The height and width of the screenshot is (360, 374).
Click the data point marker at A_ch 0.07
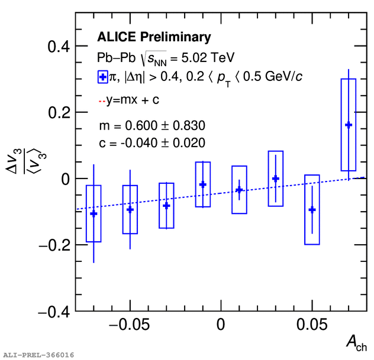click(349, 125)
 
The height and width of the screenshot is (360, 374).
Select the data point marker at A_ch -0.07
click(93, 213)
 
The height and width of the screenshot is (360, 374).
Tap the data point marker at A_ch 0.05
click(312, 209)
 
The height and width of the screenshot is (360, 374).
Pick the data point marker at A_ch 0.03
click(275, 178)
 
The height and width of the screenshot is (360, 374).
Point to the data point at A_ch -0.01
click(203, 184)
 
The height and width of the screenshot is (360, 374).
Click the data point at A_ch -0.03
click(166, 206)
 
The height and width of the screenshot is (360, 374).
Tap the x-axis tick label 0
click(220, 325)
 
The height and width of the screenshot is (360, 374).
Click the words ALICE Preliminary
click(154, 37)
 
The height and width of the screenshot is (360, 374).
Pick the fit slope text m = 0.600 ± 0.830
click(152, 125)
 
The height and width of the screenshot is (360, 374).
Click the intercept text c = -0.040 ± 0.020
click(152, 142)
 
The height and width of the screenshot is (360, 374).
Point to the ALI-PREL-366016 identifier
click(38, 355)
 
